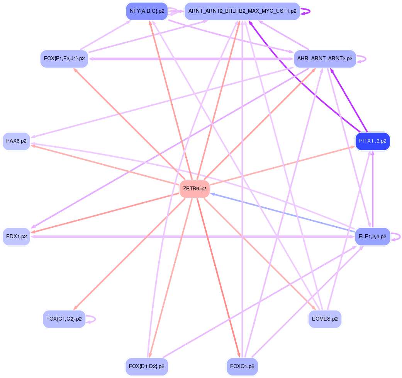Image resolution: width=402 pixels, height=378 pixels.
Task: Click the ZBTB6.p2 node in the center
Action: tap(195, 189)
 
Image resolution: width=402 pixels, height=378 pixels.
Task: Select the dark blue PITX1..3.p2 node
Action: tap(373, 141)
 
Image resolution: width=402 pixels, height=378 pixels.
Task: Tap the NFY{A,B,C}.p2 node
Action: tap(147, 11)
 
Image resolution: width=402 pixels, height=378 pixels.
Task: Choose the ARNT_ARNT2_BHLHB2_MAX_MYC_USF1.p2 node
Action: tap(242, 11)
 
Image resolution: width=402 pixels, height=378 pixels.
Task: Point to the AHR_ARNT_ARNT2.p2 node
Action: tap(325, 59)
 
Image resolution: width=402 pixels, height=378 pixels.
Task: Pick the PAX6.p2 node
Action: tap(16, 141)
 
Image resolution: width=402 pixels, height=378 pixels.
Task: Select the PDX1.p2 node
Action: tap(16, 236)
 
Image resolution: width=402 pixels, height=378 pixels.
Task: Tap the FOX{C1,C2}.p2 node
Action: tap(64, 319)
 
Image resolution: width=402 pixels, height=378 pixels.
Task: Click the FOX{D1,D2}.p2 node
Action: tap(147, 366)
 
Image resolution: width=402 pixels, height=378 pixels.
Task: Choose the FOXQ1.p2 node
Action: tap(242, 366)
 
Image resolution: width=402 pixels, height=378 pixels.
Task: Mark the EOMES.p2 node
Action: tap(325, 319)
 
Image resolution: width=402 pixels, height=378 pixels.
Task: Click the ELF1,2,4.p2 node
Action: tap(372, 236)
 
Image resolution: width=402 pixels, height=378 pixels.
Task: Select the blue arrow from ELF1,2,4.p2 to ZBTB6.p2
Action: tap(282, 213)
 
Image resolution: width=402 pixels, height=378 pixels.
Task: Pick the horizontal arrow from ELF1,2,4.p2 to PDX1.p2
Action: tap(193, 236)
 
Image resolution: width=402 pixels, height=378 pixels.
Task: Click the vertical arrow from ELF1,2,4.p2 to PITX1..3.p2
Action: tap(373, 189)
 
